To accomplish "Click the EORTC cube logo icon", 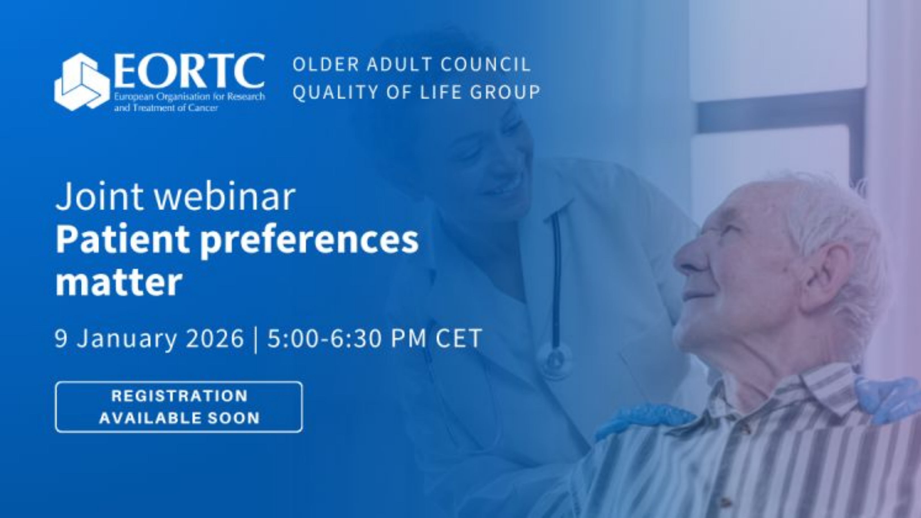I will point(82,82).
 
